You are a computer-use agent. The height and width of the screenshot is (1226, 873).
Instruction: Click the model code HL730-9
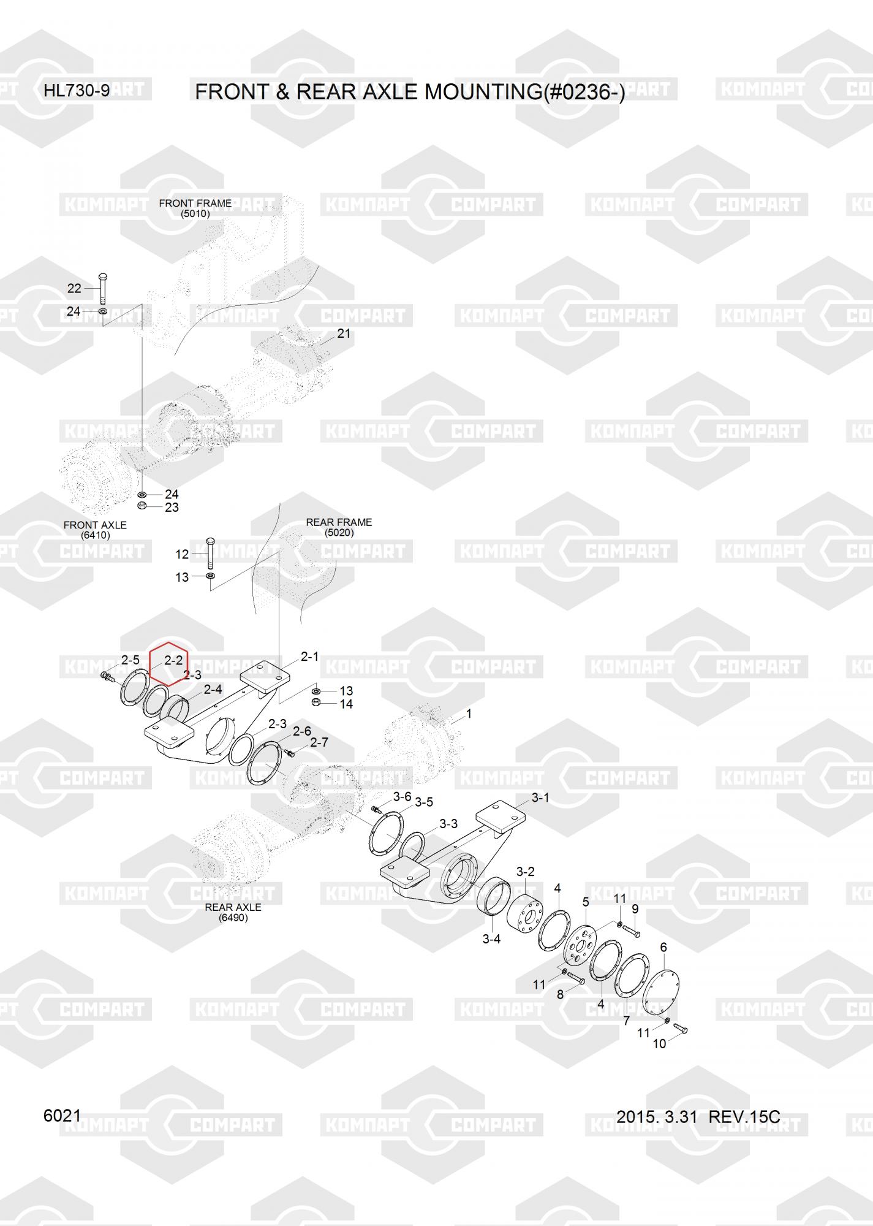tap(77, 91)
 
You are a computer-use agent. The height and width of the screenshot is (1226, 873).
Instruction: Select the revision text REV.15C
tap(744, 1117)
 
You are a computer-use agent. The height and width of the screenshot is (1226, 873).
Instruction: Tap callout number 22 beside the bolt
tap(74, 289)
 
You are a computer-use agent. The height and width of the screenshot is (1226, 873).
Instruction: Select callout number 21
tap(344, 333)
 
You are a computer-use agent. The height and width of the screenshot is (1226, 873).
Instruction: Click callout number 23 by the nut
tap(172, 508)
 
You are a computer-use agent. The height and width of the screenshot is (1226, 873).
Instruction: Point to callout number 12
tap(182, 555)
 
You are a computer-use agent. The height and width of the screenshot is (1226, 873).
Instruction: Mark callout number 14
tap(346, 704)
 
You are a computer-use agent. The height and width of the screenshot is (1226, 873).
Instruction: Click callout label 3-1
tap(540, 798)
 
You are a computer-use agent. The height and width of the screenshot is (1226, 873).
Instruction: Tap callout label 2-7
tap(319, 742)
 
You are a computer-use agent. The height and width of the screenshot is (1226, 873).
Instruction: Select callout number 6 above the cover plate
tap(663, 948)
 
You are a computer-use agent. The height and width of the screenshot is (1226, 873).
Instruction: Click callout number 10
tap(659, 1044)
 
